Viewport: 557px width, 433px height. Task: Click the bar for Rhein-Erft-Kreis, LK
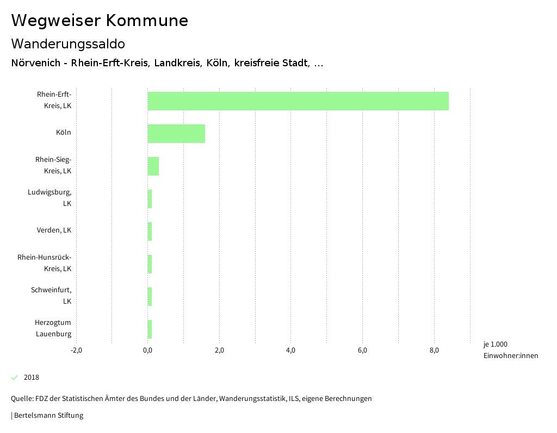click(298, 101)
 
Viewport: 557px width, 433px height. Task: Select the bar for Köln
click(176, 134)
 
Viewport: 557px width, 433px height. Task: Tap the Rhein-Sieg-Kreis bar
click(153, 166)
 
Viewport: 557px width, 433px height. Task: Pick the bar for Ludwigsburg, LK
click(150, 199)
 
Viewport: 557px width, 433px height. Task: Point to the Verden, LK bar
click(150, 231)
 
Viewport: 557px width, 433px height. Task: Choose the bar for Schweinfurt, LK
click(150, 297)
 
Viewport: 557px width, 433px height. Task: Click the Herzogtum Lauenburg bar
click(150, 329)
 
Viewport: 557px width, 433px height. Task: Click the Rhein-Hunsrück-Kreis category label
click(45, 263)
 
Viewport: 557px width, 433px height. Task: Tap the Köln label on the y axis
click(63, 133)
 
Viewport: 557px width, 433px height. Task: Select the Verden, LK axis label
click(54, 230)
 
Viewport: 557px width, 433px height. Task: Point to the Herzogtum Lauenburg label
click(53, 328)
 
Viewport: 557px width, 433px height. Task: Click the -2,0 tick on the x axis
click(76, 350)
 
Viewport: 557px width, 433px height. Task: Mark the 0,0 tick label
click(148, 350)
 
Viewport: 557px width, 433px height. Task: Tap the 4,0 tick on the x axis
click(291, 350)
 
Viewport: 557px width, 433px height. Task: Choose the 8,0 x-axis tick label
click(434, 350)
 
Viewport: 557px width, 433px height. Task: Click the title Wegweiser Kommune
click(100, 21)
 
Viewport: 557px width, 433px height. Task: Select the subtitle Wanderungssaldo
click(68, 43)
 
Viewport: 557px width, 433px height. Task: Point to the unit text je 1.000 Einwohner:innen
click(510, 350)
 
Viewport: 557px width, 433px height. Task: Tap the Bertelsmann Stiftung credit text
click(48, 416)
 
